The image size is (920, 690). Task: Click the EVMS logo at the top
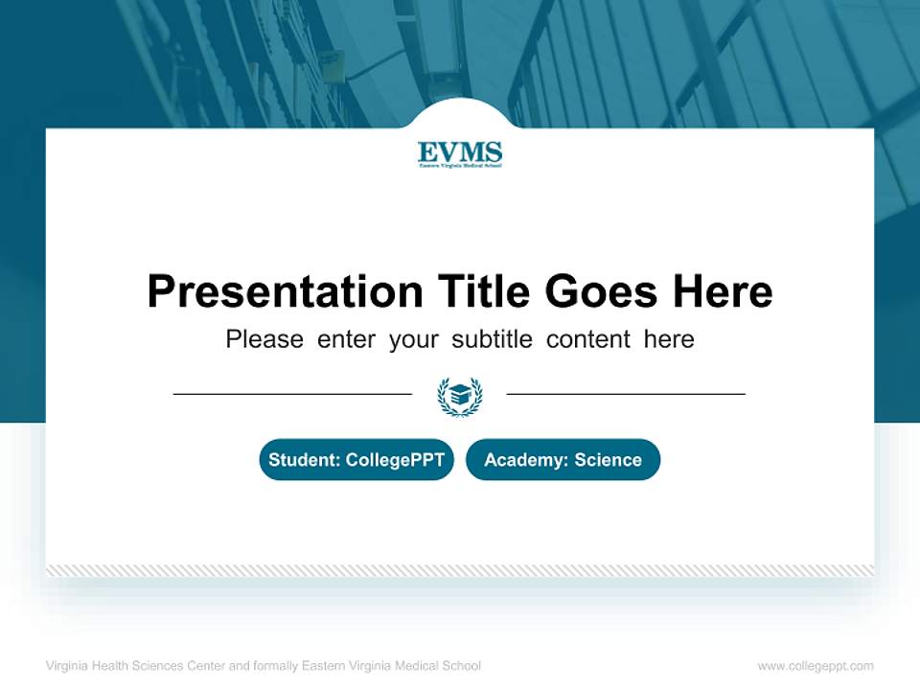[x=460, y=153]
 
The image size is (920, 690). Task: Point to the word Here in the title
[x=722, y=291]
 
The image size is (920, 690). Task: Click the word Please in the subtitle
[x=264, y=339]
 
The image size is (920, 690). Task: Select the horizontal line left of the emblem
[x=292, y=394]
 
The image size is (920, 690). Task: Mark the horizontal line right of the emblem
[x=626, y=394]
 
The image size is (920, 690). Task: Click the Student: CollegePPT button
[x=356, y=460]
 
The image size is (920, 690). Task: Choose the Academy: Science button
[x=563, y=460]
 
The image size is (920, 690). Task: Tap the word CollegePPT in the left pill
[x=395, y=460]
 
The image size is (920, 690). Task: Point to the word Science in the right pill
[x=608, y=460]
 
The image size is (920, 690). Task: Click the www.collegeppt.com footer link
[x=816, y=666]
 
